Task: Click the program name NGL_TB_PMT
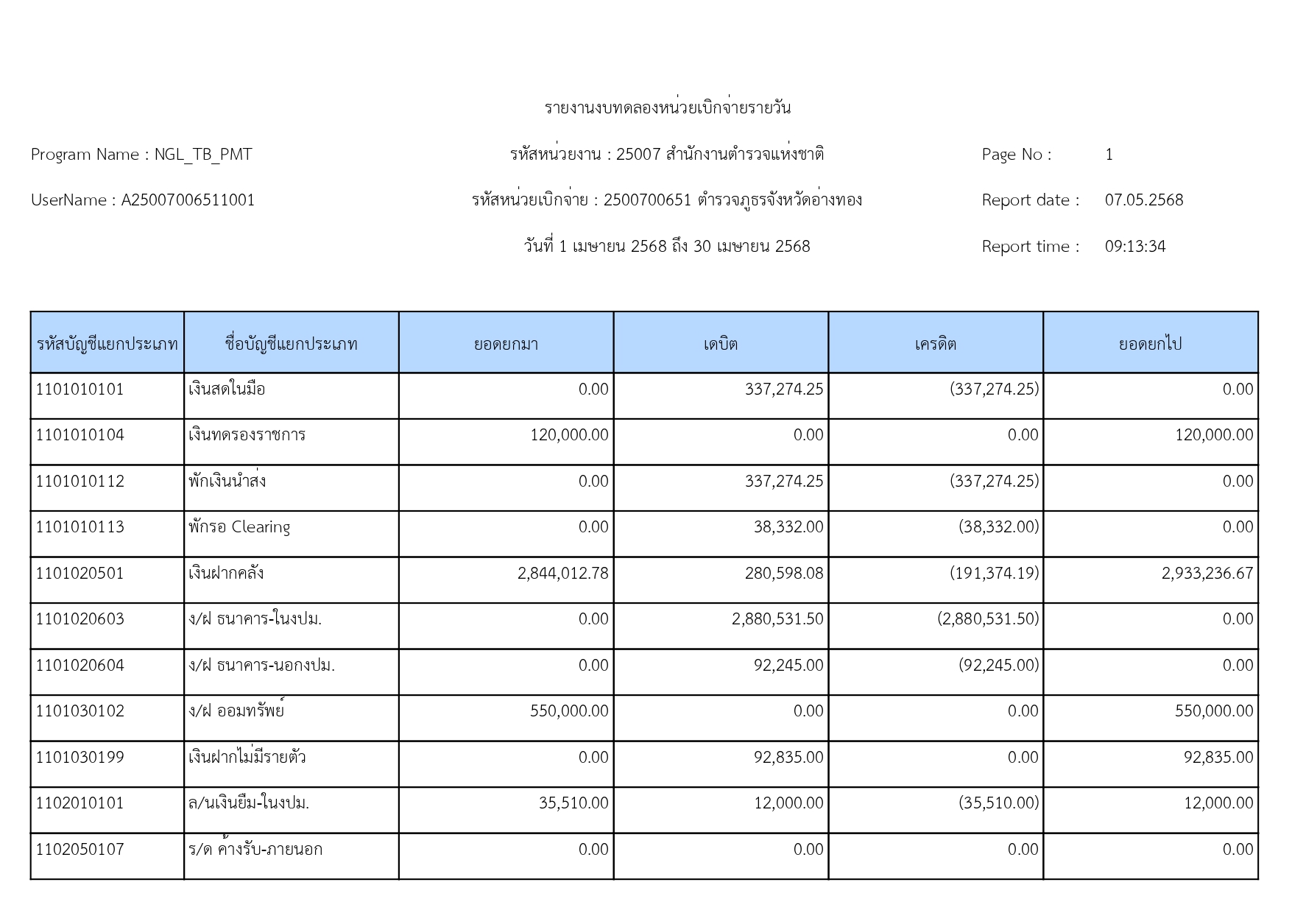pos(202,155)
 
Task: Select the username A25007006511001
pos(188,200)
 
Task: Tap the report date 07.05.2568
pos(1143,200)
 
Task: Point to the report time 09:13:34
pos(1134,247)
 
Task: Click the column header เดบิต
pos(720,344)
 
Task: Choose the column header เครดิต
pos(935,344)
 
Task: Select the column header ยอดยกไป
pos(1150,344)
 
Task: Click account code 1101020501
pos(80,574)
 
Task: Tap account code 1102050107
pos(80,850)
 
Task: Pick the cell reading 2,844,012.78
pos(562,574)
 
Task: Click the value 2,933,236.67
pos(1207,574)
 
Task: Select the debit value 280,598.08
pos(783,574)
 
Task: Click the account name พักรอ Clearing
pos(239,527)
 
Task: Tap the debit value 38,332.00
pos(788,527)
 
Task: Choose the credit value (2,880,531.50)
pos(988,619)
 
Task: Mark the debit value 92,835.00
pos(788,758)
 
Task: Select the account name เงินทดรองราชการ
pos(247,435)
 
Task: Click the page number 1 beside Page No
pos(1109,155)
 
